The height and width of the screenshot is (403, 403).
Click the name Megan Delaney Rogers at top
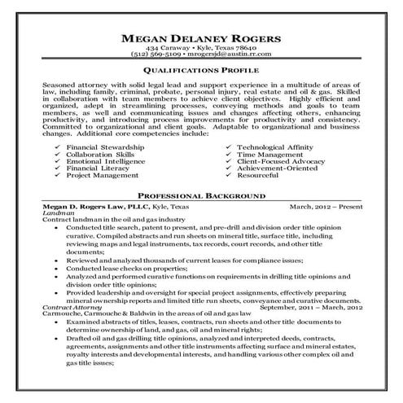click(x=201, y=39)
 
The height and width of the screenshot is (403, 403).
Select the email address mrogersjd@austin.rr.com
click(x=226, y=58)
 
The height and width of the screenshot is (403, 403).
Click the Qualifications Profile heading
click(x=201, y=72)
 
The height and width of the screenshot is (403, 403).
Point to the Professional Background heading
click(x=201, y=196)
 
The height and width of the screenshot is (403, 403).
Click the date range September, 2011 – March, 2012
click(x=310, y=306)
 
